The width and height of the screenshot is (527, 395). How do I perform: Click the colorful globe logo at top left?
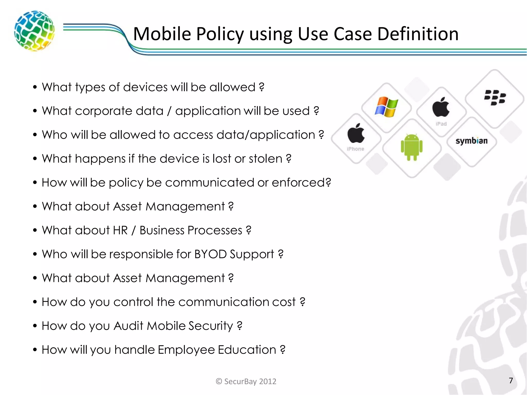point(34,31)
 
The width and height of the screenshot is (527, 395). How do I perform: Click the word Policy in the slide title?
point(220,34)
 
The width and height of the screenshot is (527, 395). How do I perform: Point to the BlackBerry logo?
point(495,97)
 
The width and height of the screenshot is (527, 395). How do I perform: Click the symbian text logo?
point(471,141)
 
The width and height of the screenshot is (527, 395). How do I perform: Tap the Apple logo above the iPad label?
point(441,107)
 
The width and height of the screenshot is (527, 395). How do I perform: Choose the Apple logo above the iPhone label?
point(356,133)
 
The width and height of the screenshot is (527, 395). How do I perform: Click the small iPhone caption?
point(355,149)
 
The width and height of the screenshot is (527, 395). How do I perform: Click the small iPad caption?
point(441,124)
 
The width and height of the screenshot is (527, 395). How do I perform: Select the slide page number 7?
point(511,380)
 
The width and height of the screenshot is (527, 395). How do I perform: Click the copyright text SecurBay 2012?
point(246,381)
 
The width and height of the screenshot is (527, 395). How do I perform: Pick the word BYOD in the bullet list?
point(210,254)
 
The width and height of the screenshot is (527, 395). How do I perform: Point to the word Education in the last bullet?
point(247,350)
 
